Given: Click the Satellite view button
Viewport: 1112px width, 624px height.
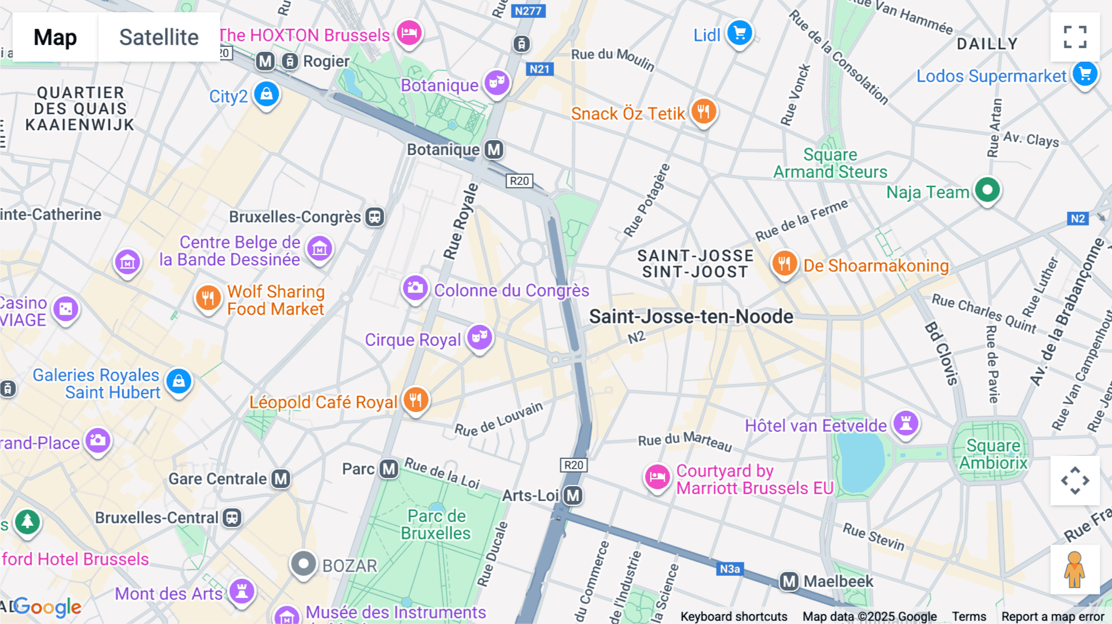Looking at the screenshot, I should (x=159, y=37).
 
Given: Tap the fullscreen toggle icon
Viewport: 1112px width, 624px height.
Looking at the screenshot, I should (x=1075, y=37).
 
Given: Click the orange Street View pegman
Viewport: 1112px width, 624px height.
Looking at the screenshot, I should (x=1074, y=569).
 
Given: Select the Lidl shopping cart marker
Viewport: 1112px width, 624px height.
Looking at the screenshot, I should (x=739, y=32).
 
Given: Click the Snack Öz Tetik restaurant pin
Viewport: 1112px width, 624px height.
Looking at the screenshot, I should (x=703, y=111).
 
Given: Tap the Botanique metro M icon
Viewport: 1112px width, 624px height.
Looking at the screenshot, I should (x=494, y=150).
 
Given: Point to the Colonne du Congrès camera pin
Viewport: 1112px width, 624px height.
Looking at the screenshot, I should (x=415, y=288).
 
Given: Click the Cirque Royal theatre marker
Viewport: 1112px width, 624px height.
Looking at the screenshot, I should (x=479, y=337).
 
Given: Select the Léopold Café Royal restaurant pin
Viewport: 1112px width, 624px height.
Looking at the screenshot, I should (x=416, y=400).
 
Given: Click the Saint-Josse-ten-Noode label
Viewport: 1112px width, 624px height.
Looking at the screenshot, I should (x=691, y=317).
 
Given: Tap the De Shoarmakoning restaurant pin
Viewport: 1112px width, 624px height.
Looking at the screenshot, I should (x=783, y=264).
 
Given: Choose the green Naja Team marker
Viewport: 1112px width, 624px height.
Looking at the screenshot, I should (x=987, y=190).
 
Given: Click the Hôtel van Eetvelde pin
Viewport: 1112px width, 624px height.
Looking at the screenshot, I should (x=906, y=423).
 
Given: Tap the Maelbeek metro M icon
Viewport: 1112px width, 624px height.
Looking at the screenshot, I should (x=789, y=581).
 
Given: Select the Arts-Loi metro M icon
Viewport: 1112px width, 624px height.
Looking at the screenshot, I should (x=573, y=495).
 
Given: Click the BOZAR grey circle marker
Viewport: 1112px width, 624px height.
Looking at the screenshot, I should (x=303, y=563).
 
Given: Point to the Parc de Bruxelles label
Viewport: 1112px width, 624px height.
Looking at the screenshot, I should (x=436, y=525).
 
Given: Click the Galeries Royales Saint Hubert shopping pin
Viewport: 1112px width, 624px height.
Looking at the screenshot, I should (x=179, y=381).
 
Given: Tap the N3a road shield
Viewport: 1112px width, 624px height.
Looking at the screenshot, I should (x=730, y=569).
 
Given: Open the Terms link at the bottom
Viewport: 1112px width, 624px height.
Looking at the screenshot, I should (x=969, y=617).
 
